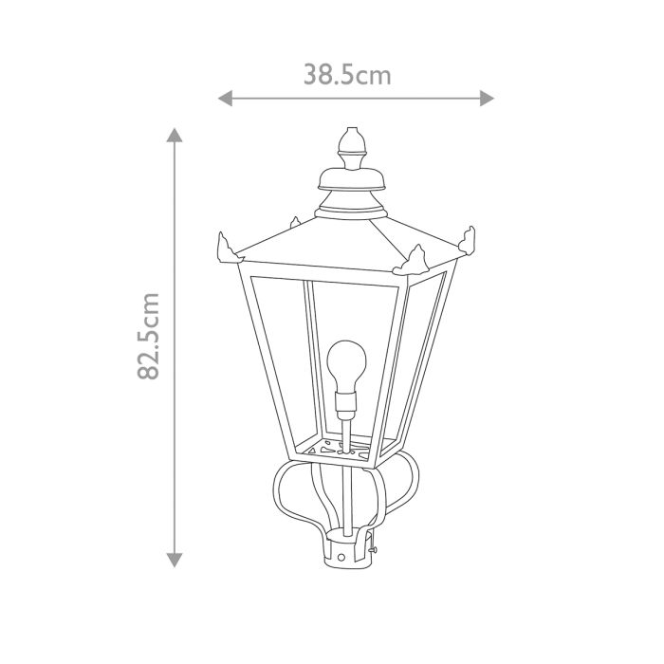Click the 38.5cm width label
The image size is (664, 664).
tap(347, 75)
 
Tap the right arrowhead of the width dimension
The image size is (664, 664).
tap(488, 98)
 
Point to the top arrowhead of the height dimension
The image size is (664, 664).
tap(175, 134)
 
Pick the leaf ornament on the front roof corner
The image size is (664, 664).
tap(415, 257)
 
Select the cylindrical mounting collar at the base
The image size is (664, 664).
tap(348, 553)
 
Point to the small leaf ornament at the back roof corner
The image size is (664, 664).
tap(296, 222)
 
